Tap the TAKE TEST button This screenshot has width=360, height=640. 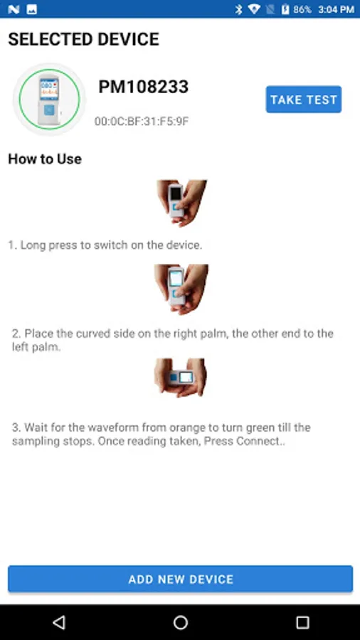(304, 99)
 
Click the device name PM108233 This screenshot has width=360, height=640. (143, 87)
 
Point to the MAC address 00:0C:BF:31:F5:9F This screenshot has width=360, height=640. (142, 121)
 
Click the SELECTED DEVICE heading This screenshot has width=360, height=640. (84, 39)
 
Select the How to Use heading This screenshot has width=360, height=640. (45, 159)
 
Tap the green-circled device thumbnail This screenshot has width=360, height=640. (49, 99)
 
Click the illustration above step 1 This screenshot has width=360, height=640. (181, 203)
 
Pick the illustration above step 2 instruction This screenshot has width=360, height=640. (181, 289)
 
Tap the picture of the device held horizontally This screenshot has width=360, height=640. (181, 378)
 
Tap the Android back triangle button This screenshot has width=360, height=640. (59, 622)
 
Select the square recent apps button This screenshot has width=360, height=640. (302, 622)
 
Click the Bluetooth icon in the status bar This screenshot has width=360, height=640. (239, 9)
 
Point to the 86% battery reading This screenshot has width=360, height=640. (302, 9)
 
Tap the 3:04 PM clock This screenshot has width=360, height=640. (337, 9)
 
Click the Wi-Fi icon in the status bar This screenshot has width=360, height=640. (254, 9)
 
